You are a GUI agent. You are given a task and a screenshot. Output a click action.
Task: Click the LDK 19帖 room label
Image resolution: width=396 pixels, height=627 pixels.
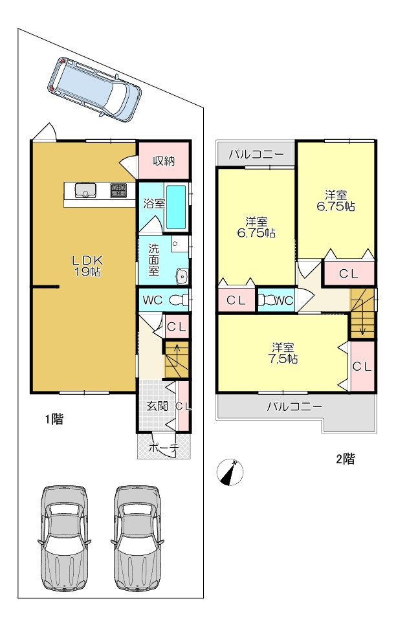click(x=87, y=267)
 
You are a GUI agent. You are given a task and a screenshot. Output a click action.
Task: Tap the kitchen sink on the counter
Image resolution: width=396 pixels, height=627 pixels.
click(x=85, y=190)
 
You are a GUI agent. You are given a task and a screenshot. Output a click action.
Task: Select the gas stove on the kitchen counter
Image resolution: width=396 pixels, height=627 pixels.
click(x=118, y=190)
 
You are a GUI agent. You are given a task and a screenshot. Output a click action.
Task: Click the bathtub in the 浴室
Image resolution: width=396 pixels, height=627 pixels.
click(x=176, y=206)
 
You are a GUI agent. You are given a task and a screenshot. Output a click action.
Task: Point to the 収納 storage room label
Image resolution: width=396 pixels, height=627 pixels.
click(x=164, y=161)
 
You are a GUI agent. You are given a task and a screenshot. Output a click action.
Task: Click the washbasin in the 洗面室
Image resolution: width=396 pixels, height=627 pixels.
click(x=182, y=276)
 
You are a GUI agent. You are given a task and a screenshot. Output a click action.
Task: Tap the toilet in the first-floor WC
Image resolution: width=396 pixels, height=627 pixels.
click(x=179, y=300)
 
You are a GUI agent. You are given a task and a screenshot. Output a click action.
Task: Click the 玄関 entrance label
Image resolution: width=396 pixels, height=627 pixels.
click(x=157, y=406)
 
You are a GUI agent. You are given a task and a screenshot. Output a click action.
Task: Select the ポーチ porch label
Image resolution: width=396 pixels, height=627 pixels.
click(x=164, y=448)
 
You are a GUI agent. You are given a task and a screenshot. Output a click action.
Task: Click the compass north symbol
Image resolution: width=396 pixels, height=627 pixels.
click(x=230, y=472)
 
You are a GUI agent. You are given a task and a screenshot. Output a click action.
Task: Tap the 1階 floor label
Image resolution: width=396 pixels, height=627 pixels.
click(x=54, y=419)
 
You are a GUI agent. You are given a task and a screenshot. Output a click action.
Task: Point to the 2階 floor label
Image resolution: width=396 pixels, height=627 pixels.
click(x=345, y=459)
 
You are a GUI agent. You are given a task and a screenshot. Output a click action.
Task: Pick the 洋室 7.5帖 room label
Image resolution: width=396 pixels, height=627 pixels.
click(x=282, y=353)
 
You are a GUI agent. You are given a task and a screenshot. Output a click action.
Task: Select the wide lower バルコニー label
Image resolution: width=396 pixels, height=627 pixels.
click(x=294, y=406)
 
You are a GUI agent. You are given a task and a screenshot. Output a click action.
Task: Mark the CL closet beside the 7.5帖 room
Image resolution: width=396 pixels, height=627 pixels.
click(x=362, y=366)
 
